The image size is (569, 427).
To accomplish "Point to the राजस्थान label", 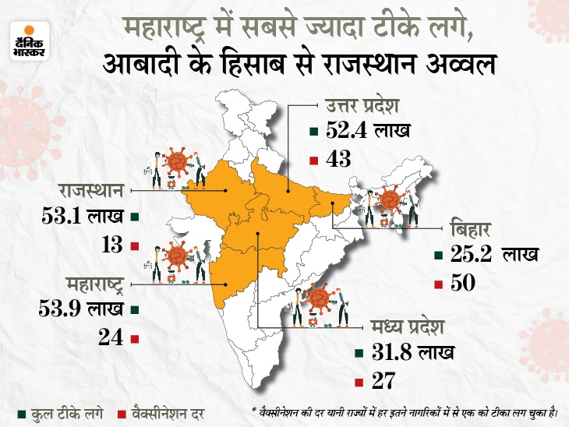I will tap(90, 189).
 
